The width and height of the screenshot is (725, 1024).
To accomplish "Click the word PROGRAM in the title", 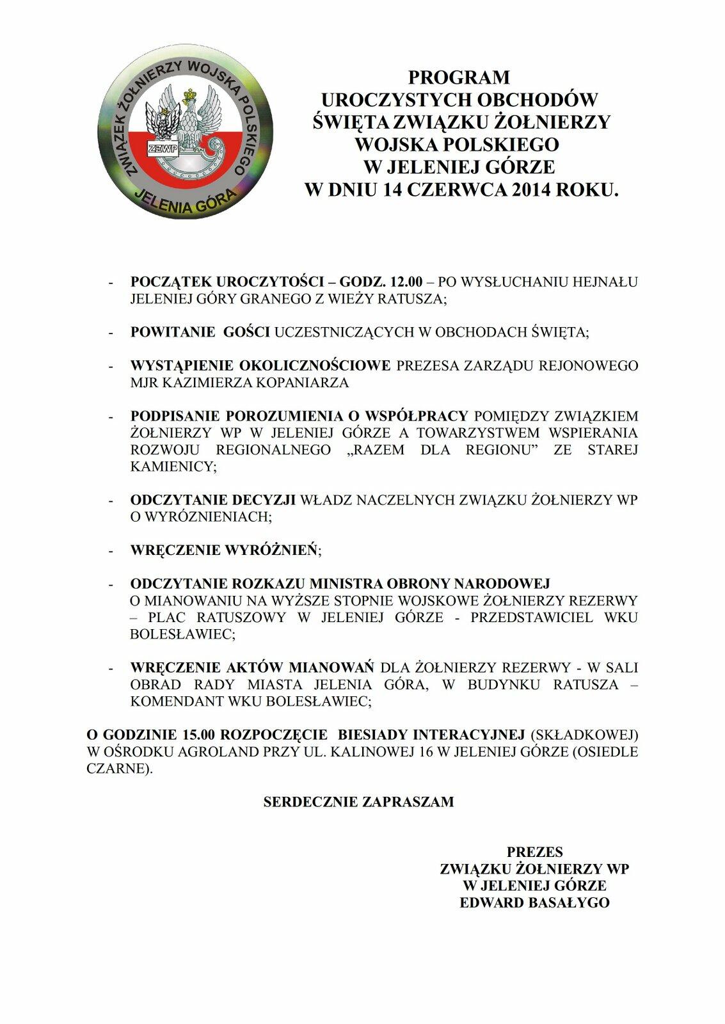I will point(459,77).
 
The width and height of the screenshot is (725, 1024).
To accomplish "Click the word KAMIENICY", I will point(171,467).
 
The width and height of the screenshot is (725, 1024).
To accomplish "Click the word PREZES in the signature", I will point(534,852).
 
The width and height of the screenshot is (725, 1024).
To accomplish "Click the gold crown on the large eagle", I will point(189,97).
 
